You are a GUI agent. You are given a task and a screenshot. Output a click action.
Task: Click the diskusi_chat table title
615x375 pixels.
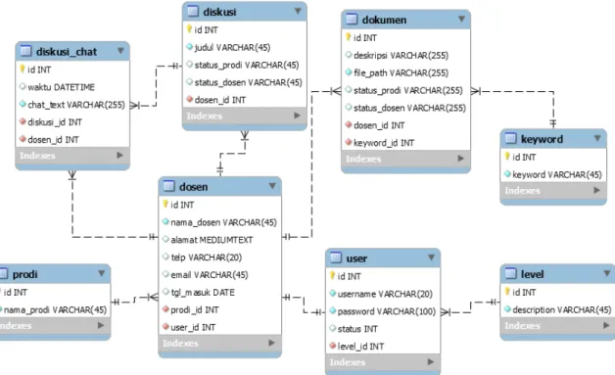pyautogui.click(x=67, y=51)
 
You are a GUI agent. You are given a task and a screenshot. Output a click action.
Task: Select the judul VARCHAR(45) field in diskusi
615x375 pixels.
pyautogui.click(x=232, y=47)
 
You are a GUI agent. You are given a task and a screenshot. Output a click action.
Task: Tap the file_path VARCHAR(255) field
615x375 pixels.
pyautogui.click(x=401, y=73)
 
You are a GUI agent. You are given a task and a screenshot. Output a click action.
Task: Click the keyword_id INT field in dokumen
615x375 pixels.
pyautogui.click(x=384, y=143)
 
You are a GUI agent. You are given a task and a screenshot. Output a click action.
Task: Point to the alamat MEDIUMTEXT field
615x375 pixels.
pyautogui.click(x=212, y=240)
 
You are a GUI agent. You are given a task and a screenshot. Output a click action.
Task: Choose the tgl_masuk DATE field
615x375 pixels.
pyautogui.click(x=203, y=292)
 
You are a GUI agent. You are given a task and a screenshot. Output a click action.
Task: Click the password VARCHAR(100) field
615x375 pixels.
pyautogui.click(x=387, y=311)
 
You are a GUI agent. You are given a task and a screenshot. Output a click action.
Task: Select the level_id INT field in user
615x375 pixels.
pyautogui.click(x=360, y=347)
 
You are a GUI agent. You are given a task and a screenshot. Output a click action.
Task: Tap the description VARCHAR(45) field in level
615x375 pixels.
pyautogui.click(x=562, y=309)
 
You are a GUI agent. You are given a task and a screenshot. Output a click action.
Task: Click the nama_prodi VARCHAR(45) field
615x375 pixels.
pyautogui.click(x=55, y=309)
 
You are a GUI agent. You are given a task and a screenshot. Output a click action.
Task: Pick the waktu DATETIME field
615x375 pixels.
pyautogui.click(x=61, y=87)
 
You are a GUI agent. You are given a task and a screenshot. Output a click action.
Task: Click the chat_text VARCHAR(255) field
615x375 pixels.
pyautogui.click(x=76, y=105)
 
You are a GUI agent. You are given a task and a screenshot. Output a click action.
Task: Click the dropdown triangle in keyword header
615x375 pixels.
pyautogui.click(x=597, y=138)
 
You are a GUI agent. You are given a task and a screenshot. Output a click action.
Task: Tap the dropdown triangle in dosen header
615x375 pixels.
pyautogui.click(x=272, y=185)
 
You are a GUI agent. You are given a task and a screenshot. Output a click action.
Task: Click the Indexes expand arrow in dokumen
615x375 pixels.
pyautogui.click(x=461, y=158)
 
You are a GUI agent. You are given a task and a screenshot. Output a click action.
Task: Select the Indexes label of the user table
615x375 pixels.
pyautogui.click(x=347, y=362)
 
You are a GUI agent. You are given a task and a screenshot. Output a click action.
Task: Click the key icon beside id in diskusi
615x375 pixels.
pyautogui.click(x=189, y=29)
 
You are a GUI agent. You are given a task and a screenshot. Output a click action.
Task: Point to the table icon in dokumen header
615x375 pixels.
pyautogui.click(x=352, y=19)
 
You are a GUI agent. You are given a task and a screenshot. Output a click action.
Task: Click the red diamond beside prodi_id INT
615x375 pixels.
pyautogui.click(x=166, y=309)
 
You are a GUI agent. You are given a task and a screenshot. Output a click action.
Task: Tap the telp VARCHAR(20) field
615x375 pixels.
pyautogui.click(x=207, y=258)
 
